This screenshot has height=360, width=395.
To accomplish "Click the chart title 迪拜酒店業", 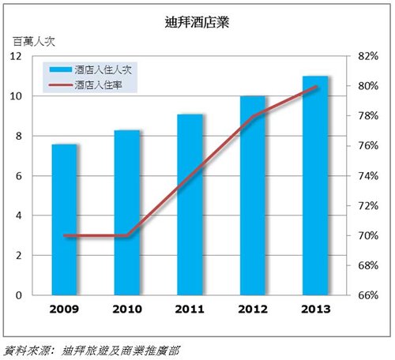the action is click(x=197, y=22).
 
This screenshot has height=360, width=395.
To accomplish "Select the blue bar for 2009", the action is click(x=64, y=219).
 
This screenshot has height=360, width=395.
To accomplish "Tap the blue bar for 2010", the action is click(x=127, y=212).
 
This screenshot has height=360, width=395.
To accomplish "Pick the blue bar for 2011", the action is click(x=190, y=204).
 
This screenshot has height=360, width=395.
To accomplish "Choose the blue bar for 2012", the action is click(x=253, y=196).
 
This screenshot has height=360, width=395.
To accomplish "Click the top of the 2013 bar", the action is click(x=315, y=76).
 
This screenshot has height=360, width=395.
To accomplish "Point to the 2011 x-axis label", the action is click(x=190, y=309).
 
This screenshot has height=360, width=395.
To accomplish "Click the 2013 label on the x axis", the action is click(x=316, y=309).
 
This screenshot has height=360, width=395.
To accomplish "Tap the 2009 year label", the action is click(x=64, y=309).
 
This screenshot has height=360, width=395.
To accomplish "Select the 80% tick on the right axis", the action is click(x=368, y=86).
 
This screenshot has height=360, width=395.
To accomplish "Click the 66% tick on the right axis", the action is click(x=368, y=295).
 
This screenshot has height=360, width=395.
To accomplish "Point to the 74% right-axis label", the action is click(x=368, y=176).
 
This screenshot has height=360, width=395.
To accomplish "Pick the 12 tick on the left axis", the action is click(x=16, y=56).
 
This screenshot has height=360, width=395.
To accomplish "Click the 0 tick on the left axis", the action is click(x=18, y=295).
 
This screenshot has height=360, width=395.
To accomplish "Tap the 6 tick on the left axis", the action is click(x=18, y=176).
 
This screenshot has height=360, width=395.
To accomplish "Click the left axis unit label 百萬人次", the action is click(x=34, y=42).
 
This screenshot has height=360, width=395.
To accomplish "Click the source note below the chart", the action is click(x=92, y=351).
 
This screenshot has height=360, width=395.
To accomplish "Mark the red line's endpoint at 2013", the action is click(x=315, y=86).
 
